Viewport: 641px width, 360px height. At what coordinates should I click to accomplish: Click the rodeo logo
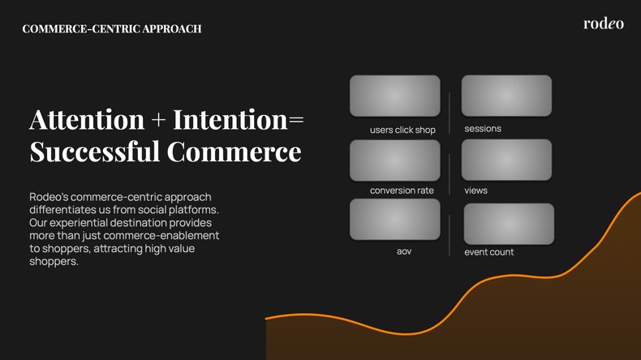pos(603,24)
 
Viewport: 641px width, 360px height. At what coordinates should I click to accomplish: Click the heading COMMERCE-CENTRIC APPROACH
pos(112,29)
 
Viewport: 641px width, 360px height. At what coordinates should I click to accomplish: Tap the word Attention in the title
pos(87,120)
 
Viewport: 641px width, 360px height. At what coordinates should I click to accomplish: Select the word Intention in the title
pos(230,120)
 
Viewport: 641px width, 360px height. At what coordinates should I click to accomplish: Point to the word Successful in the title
pos(94,152)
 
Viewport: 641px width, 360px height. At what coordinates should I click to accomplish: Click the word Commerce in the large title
pos(234,152)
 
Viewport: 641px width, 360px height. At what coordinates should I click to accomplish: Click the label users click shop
pos(402,130)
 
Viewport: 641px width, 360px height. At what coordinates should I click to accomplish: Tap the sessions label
pos(483,129)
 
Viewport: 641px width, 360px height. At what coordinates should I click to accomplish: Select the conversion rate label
pos(402,191)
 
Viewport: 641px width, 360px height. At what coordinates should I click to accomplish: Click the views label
pos(475,191)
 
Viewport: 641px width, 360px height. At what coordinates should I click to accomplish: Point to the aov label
pos(404,251)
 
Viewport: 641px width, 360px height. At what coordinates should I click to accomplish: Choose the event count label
pos(488,252)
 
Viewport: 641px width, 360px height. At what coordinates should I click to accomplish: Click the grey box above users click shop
pos(394,96)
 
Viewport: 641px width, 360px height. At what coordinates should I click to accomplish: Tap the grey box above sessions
pos(506,96)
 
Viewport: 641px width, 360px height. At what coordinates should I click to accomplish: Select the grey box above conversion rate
pos(394,160)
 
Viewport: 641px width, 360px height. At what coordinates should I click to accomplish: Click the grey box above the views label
pos(506,160)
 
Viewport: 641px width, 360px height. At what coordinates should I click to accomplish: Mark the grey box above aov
pos(394,220)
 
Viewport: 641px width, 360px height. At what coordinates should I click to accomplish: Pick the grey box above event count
pos(508,224)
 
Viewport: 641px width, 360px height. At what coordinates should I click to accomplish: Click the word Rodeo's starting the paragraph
pos(49,197)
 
